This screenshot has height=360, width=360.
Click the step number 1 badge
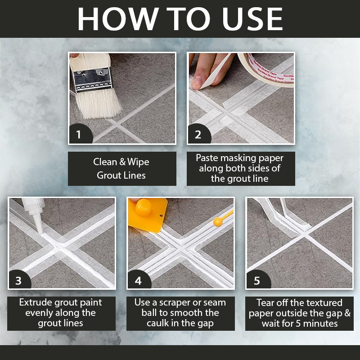[x=81, y=134]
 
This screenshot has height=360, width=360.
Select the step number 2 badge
[x=199, y=134]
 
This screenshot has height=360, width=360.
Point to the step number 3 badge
[x=20, y=279]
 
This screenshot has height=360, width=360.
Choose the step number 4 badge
[x=139, y=279]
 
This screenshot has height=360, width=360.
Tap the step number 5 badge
[x=258, y=279]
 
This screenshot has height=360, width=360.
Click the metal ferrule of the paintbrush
[x=93, y=80]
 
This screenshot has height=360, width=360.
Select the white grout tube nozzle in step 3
[x=38, y=223]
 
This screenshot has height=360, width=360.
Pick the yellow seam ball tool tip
[x=218, y=222]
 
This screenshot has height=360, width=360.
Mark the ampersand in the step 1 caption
[x=122, y=162]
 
